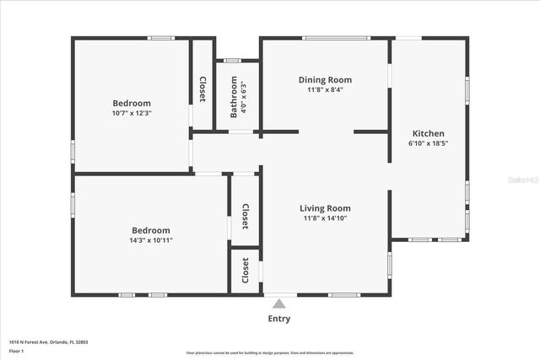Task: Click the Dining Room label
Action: [325, 80]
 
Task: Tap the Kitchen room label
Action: [428, 133]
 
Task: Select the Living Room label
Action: [325, 208]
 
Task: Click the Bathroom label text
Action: [235, 99]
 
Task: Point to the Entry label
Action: [278, 319]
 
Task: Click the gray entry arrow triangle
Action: [278, 302]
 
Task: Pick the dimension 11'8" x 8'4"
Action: [325, 89]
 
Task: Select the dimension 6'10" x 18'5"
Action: [428, 143]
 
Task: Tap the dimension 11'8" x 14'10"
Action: [325, 218]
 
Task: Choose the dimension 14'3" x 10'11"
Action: [151, 240]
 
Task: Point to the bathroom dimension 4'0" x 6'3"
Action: [243, 99]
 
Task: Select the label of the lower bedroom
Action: [151, 230]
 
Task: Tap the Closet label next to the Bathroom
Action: [202, 89]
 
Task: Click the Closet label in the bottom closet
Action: [246, 271]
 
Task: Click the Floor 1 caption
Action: [17, 351]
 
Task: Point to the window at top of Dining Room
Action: [336, 38]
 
